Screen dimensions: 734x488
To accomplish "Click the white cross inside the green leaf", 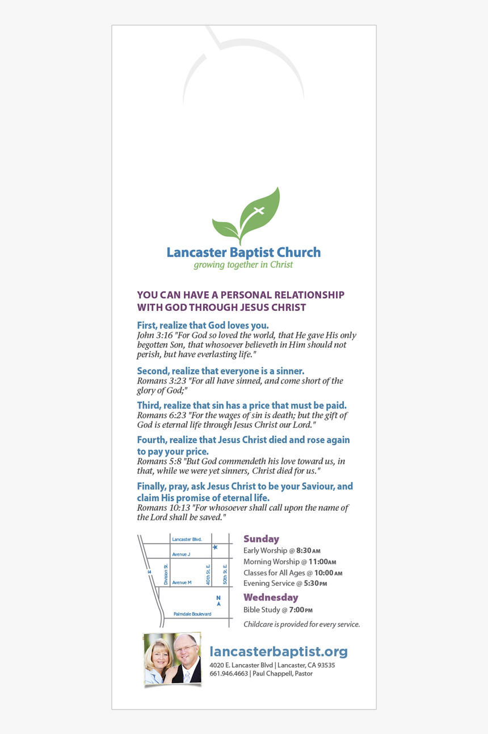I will (x=259, y=211).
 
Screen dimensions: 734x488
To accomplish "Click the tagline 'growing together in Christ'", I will (x=243, y=265).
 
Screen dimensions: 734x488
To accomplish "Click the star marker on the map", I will (x=215, y=547).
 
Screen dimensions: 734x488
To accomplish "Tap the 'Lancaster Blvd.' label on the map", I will (x=187, y=539).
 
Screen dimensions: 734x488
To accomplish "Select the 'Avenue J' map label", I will (x=181, y=554).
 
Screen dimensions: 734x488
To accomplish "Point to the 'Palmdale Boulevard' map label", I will (x=192, y=614).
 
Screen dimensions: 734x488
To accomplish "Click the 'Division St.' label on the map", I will (x=166, y=574).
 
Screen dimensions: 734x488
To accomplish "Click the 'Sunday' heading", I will (x=261, y=539).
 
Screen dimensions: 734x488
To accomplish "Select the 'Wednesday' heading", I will (x=271, y=598).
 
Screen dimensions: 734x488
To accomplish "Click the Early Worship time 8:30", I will (x=304, y=550).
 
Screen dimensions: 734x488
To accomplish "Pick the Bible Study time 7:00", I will (x=296, y=610).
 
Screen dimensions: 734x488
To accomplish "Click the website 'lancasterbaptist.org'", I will (x=278, y=652).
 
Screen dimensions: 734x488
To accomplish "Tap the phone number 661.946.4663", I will (x=229, y=674).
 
